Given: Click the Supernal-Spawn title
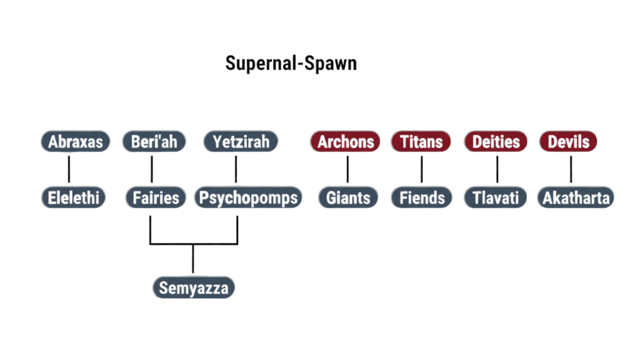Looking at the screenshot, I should [291, 64].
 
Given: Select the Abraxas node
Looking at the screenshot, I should [76, 141].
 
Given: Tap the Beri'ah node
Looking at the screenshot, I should [154, 141].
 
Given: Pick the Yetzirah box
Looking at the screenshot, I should [241, 141].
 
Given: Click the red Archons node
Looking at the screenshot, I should [345, 141].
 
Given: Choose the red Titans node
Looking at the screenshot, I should [421, 141].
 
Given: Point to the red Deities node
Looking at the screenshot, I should [496, 141].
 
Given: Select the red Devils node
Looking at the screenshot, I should [569, 141].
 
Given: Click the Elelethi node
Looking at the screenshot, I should [73, 198].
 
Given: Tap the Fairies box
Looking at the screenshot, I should [156, 198].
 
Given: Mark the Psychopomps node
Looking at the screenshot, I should [248, 198].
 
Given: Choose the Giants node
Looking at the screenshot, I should [348, 198].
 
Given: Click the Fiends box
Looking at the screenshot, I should [422, 198].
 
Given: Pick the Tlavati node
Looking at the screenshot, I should [496, 198].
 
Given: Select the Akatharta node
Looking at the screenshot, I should [576, 198].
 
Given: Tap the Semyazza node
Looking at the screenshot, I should [194, 288].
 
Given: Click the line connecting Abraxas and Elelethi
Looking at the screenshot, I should [69, 169].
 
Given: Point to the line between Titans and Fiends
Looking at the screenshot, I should [421, 169].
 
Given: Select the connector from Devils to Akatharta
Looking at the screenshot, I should [571, 169].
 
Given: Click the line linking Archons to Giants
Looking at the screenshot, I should [347, 169].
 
